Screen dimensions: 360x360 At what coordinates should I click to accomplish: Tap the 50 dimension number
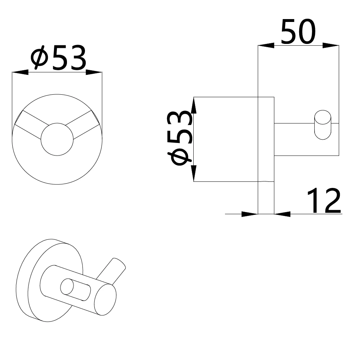298,32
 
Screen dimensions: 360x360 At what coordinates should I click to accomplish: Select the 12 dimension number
324,201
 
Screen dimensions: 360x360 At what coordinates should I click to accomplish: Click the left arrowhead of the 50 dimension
266,45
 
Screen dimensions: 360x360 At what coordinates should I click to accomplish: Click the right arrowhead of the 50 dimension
331,45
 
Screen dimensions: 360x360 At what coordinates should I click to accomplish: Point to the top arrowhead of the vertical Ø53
194,105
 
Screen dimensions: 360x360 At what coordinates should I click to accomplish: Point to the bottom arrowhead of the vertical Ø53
194,174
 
